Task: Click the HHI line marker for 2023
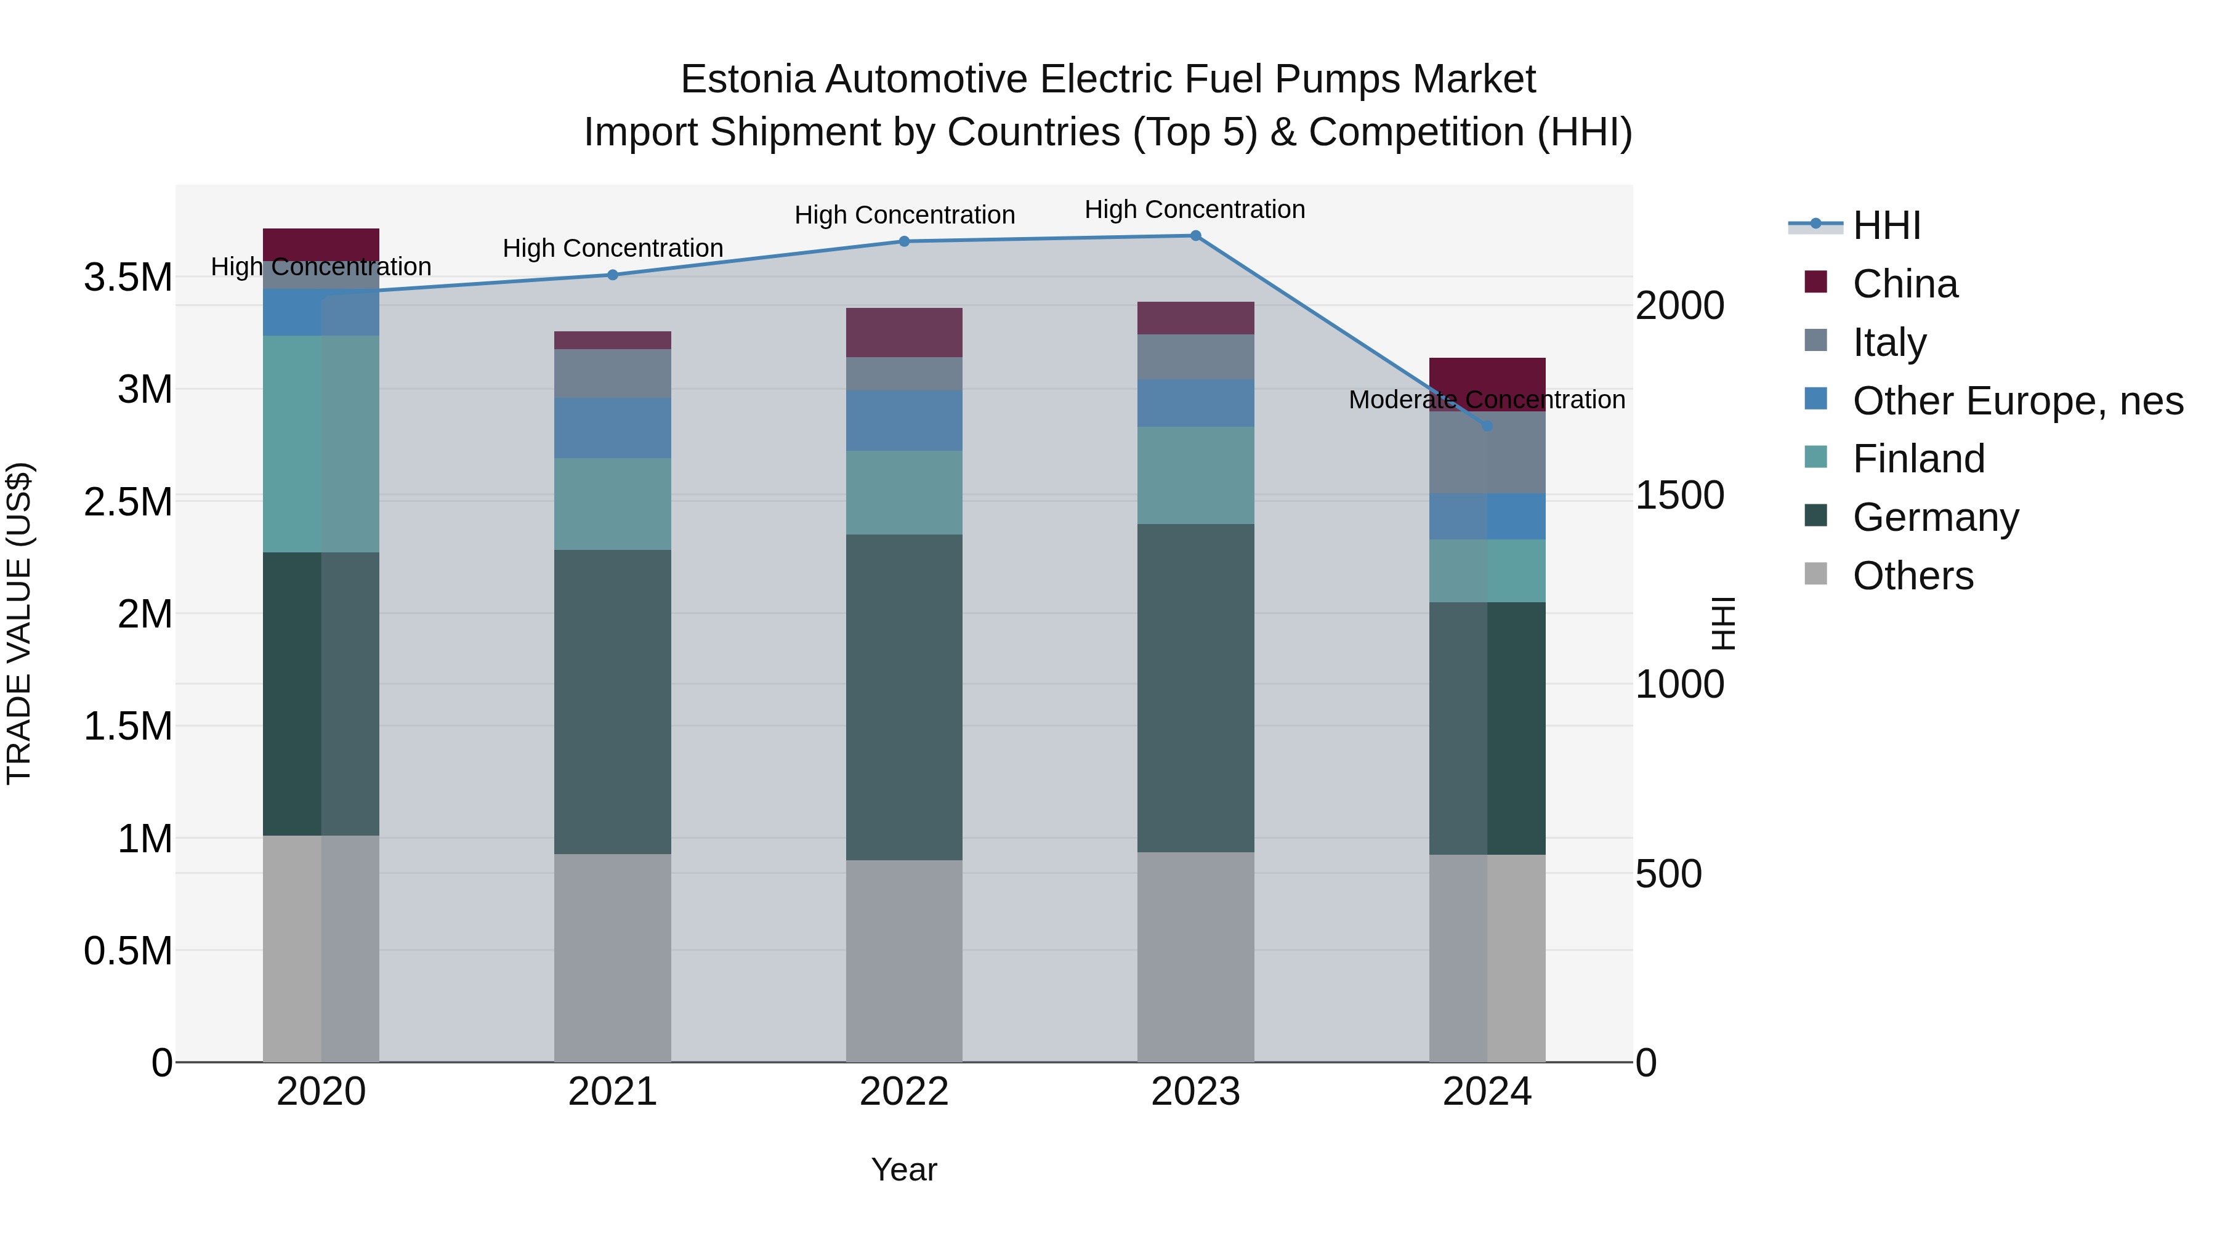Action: tap(1195, 236)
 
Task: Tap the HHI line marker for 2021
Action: tap(613, 275)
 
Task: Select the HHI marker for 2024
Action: tap(1487, 426)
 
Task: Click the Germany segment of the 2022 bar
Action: tap(903, 697)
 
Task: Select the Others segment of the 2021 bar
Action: tap(613, 957)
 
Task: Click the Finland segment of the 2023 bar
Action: tap(1195, 475)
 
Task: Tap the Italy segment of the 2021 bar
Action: tap(613, 374)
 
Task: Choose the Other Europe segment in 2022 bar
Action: tap(903, 421)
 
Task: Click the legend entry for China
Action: tap(1905, 284)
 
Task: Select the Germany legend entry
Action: tap(1935, 517)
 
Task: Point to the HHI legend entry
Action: tap(1886, 225)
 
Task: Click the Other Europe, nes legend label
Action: tap(2017, 401)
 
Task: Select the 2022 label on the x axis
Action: tap(903, 1092)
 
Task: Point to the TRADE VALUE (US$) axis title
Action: tap(19, 623)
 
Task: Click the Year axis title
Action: tap(903, 1169)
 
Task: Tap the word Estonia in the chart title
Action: tap(747, 80)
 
